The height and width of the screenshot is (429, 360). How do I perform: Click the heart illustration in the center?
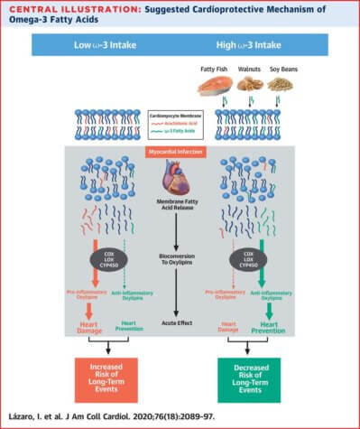point(180,176)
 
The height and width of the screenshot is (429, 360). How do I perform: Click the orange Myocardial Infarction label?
point(180,151)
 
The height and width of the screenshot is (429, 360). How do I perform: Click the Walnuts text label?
point(246,70)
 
